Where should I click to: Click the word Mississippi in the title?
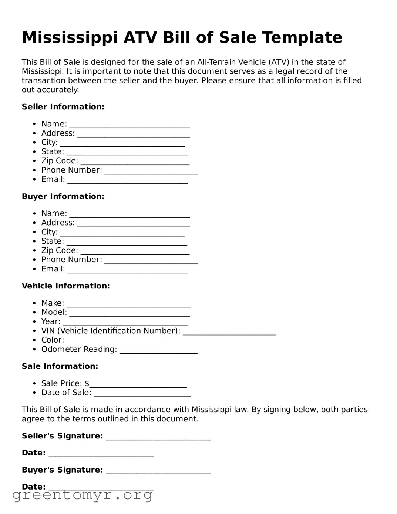point(70,38)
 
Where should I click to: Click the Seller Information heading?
point(63,107)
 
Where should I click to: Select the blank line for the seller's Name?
point(129,125)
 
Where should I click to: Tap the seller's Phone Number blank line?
point(151,171)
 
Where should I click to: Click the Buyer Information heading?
point(63,196)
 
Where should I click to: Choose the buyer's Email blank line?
point(128,270)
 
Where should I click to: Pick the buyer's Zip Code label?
point(60,250)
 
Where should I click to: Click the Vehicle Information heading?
point(65,286)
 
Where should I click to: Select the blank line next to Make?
point(129,304)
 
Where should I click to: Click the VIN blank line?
point(229,332)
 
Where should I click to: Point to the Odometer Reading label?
point(79,349)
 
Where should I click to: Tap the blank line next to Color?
point(129,341)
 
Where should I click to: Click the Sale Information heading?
point(60,366)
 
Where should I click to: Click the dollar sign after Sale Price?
point(87,383)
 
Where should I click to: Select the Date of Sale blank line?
point(142,394)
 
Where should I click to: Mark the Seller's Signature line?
point(158,437)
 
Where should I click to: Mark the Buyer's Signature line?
point(158,471)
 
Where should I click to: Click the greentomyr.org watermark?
point(83,495)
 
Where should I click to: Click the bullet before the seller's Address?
point(34,133)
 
